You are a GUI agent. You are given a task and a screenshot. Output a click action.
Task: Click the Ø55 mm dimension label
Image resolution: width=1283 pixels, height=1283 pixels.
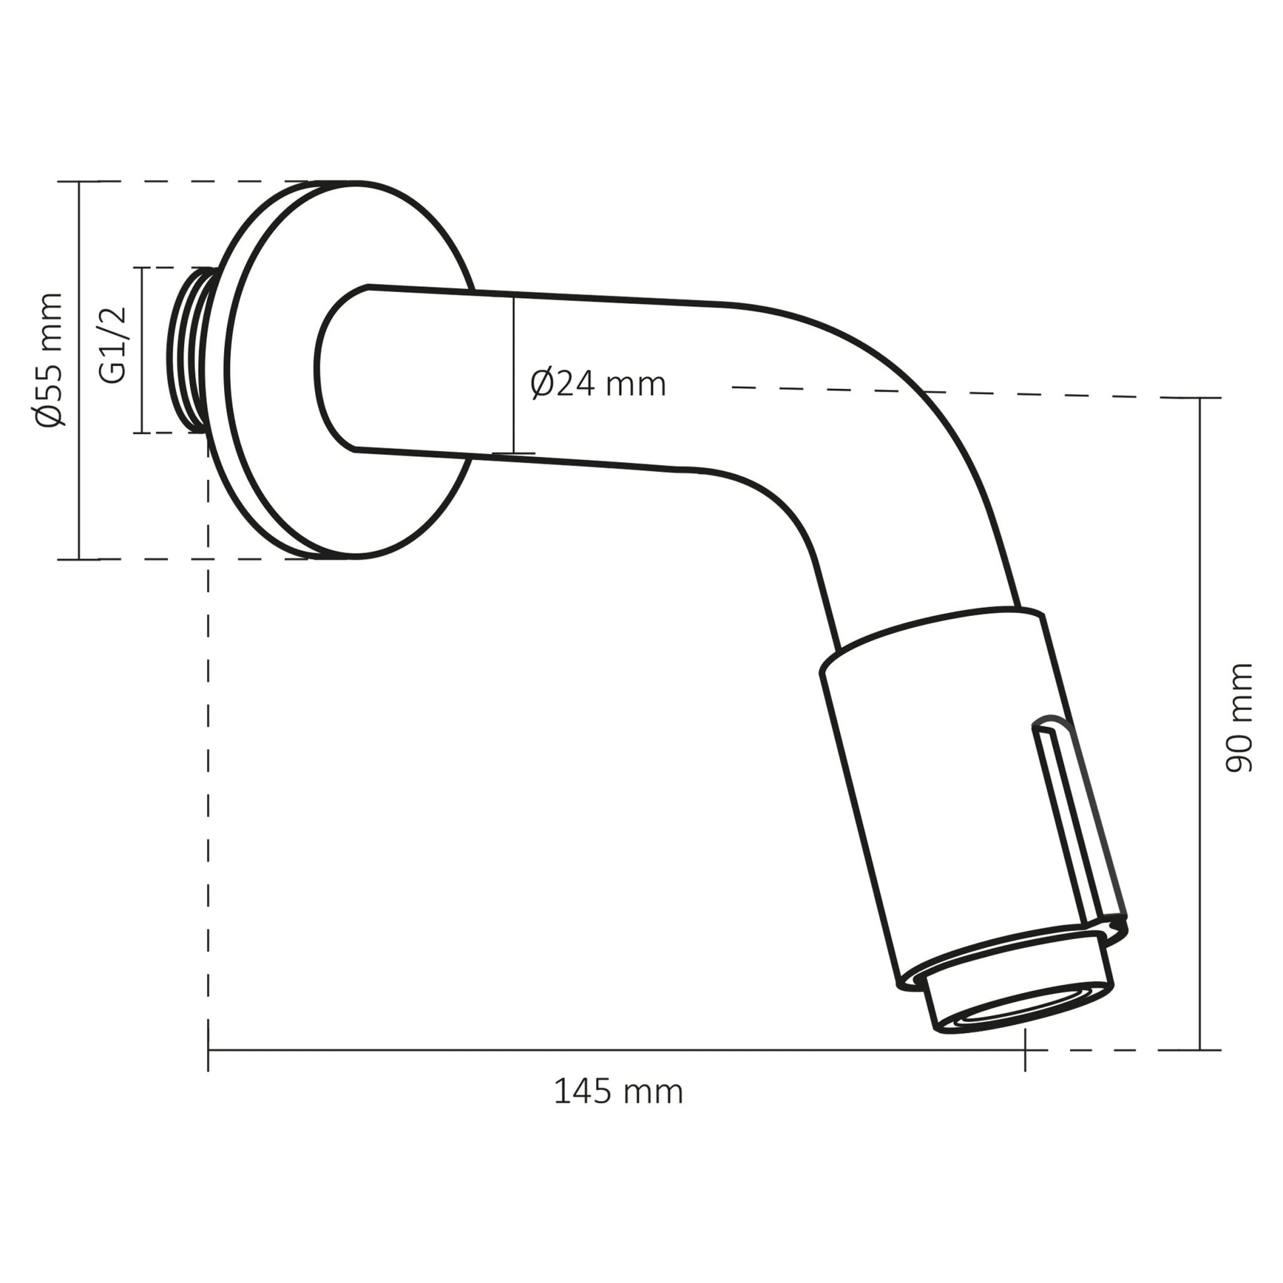49,359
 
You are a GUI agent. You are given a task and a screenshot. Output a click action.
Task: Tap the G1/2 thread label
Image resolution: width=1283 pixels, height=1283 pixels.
112,345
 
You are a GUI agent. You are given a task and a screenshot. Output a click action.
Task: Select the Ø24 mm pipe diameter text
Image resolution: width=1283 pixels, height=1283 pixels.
598,384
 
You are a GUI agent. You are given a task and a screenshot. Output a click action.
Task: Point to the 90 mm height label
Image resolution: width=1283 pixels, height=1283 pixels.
1238,718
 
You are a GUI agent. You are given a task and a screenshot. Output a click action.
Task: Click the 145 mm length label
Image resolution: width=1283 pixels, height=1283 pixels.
618,1092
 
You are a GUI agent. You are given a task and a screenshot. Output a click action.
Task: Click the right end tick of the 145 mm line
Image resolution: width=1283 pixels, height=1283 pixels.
1025,1050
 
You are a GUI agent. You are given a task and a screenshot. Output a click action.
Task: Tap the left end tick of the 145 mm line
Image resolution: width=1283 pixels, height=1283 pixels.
208,1050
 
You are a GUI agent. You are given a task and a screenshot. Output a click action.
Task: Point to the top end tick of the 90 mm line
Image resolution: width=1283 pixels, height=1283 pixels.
1200,398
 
